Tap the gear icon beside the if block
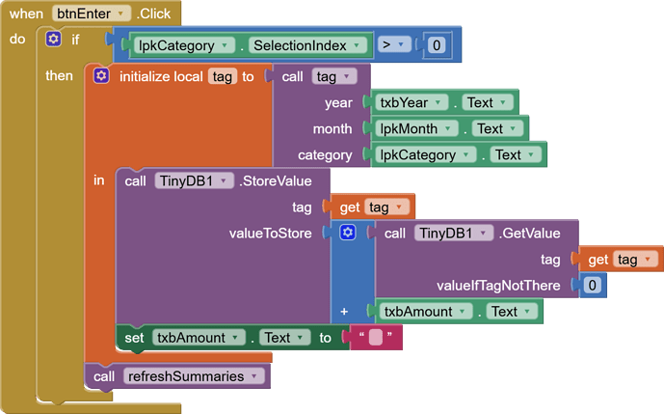[54, 40]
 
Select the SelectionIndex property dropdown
[308, 45]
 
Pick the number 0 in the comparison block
[437, 45]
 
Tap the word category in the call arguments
[325, 154]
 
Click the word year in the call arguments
[338, 102]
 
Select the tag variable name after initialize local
[222, 76]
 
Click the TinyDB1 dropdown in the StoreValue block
[194, 180]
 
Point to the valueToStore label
[271, 233]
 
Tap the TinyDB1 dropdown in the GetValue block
[454, 233]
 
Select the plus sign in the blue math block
[344, 311]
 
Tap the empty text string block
[376, 338]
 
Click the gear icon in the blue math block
[348, 233]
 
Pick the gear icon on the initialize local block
[101, 76]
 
